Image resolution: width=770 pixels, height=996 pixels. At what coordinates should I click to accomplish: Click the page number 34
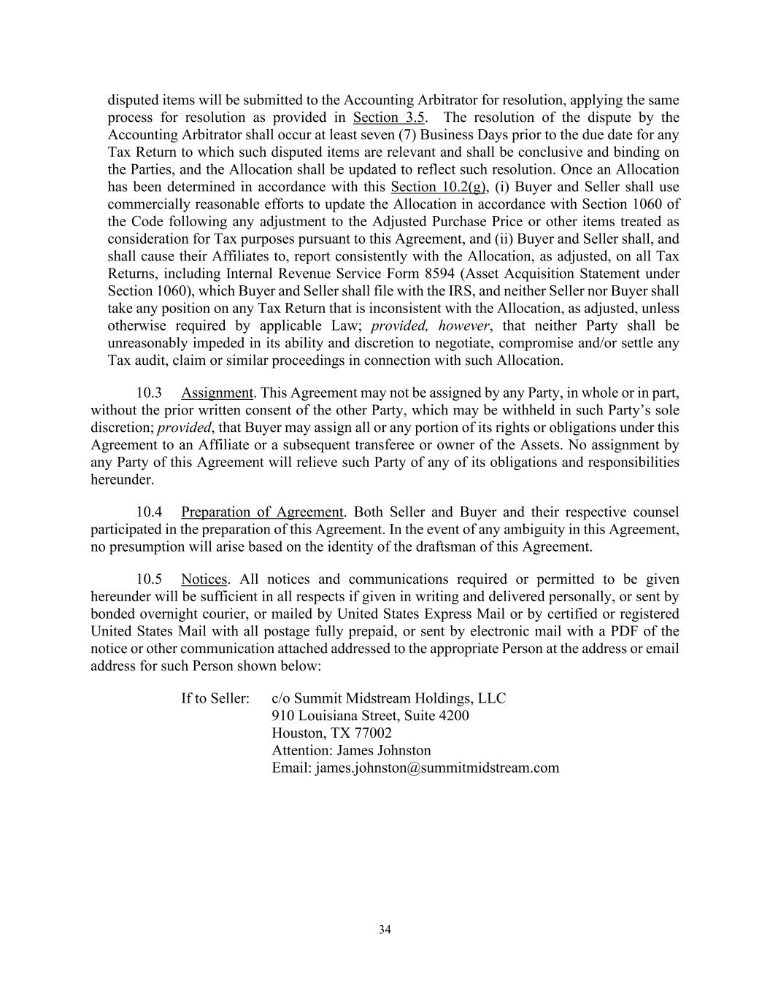(x=385, y=930)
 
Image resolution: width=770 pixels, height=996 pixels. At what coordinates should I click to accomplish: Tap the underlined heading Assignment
(x=217, y=393)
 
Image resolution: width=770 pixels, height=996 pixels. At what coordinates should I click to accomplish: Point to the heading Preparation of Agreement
(x=261, y=512)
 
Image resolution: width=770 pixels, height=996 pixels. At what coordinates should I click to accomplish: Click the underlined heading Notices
(x=204, y=579)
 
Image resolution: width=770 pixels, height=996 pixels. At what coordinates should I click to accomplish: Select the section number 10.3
(x=149, y=393)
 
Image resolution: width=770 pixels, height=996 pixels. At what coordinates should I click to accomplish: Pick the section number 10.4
(x=149, y=512)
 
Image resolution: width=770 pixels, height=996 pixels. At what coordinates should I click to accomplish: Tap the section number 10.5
(x=149, y=579)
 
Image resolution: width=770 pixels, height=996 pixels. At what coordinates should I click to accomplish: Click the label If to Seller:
(x=215, y=698)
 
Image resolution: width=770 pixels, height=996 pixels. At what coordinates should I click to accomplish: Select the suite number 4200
(x=453, y=716)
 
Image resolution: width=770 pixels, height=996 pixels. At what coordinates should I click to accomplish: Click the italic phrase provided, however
(x=430, y=325)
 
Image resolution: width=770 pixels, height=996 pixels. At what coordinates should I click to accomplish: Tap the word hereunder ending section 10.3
(x=122, y=480)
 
